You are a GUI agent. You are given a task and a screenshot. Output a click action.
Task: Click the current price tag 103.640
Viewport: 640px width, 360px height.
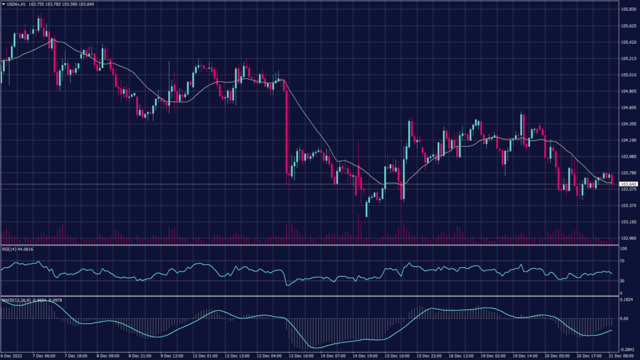point(627,184)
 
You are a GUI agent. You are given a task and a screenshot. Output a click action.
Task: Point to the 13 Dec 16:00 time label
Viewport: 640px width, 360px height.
point(301,355)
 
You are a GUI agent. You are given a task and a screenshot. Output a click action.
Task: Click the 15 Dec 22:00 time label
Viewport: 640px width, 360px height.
point(431,355)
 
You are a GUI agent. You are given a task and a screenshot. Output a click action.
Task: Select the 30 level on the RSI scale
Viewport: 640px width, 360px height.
point(622,281)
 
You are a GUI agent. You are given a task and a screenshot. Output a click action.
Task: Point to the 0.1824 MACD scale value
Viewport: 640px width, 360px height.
point(626,301)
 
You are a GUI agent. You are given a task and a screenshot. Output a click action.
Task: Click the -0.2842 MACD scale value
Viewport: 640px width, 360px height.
point(626,349)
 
